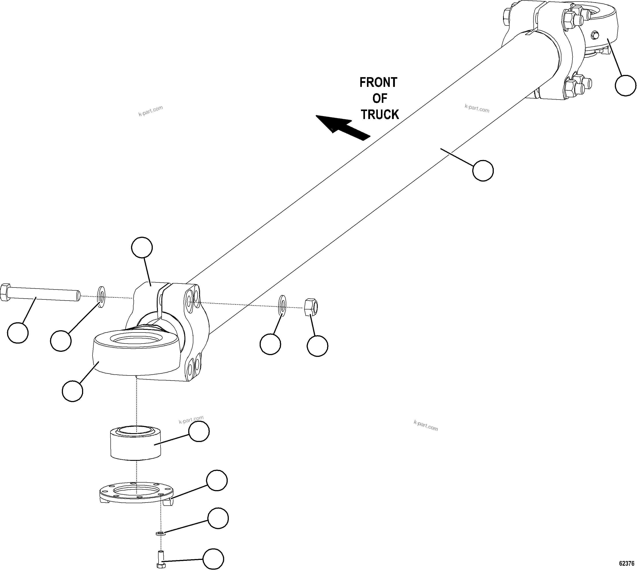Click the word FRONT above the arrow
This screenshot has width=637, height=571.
tap(378, 82)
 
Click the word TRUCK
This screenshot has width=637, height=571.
tap(380, 115)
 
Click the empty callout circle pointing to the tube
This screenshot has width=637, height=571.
tap(483, 170)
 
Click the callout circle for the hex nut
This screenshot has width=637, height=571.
tap(317, 346)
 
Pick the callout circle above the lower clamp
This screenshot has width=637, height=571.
tap(142, 248)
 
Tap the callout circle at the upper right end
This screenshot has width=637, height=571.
tap(625, 85)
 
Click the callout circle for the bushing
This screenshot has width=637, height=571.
tap(199, 431)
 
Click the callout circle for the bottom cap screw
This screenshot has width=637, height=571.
tap(213, 559)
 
